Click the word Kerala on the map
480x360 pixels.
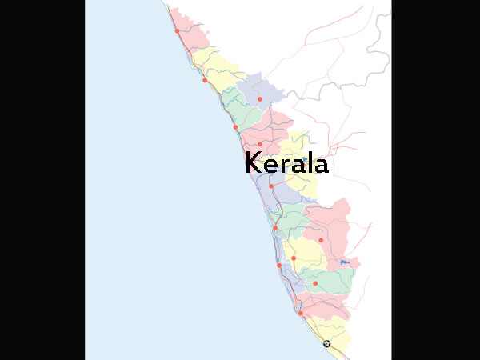(x=286, y=162)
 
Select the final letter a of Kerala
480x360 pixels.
(x=320, y=166)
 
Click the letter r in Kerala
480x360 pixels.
(x=283, y=166)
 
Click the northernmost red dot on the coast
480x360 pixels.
(x=177, y=31)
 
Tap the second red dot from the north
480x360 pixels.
(x=205, y=80)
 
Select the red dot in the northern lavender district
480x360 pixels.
(x=259, y=98)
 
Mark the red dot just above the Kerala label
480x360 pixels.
(x=259, y=145)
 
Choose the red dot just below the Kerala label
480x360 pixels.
(x=271, y=186)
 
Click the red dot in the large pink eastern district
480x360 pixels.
(x=321, y=239)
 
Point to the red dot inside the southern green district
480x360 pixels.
(x=315, y=283)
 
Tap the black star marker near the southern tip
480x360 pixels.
(x=326, y=343)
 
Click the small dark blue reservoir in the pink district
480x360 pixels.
(x=345, y=262)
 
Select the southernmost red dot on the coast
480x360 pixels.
(x=300, y=313)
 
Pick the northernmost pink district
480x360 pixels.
(x=188, y=28)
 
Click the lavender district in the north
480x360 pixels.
(x=261, y=90)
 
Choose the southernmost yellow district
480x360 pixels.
(x=336, y=336)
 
